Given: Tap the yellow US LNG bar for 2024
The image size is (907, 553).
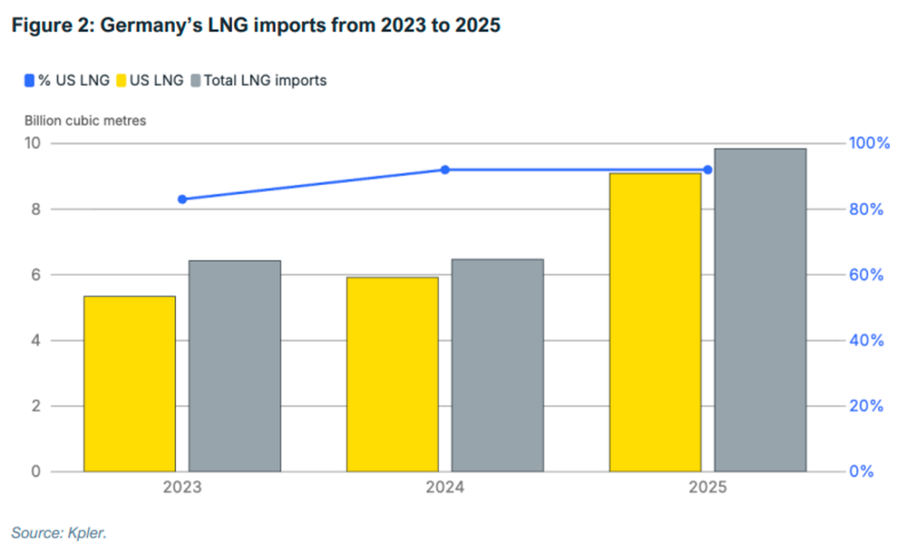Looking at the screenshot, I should [x=392, y=374].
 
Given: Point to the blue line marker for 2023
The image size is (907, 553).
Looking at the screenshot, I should [x=182, y=199].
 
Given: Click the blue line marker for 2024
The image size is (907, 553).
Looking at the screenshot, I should [x=445, y=170].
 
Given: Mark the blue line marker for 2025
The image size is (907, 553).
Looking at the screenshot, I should [x=708, y=170].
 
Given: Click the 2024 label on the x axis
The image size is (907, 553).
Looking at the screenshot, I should [x=445, y=488].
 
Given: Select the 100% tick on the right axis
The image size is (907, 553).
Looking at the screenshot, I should [x=868, y=143].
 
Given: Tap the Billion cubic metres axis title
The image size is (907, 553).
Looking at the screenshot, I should [x=85, y=120].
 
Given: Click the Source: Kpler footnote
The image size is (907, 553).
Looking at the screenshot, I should [x=59, y=533].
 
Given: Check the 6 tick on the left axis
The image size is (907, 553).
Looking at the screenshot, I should [x=35, y=275].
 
